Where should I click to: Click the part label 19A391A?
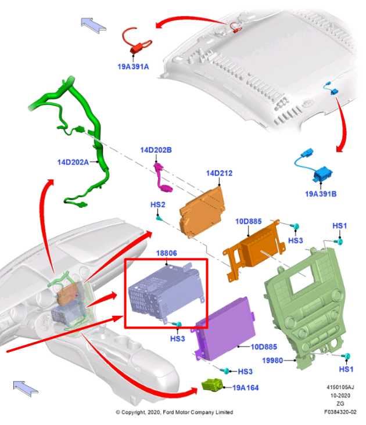click(x=133, y=67)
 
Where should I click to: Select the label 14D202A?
click(x=73, y=162)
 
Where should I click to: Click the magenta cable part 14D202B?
click(x=161, y=178)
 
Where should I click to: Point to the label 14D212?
click(x=220, y=173)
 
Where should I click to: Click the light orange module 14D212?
click(x=202, y=212)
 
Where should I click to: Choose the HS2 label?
click(x=158, y=204)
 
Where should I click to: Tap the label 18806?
click(x=167, y=253)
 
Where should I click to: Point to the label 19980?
click(x=272, y=361)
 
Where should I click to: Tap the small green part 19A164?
click(x=211, y=384)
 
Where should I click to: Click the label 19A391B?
click(x=321, y=194)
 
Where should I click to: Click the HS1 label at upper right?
click(x=339, y=226)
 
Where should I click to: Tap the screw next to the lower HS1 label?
click(x=346, y=356)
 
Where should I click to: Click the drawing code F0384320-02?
click(x=340, y=412)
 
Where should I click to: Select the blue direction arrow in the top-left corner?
click(x=93, y=24)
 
